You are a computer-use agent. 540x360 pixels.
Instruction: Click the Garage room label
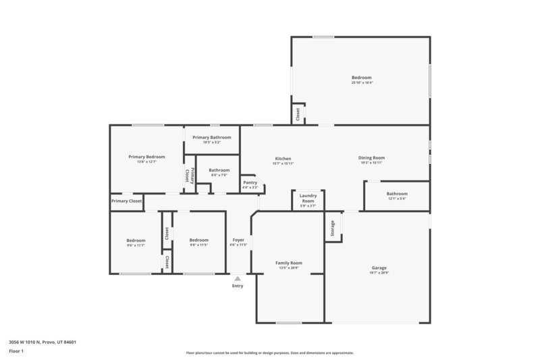pos(379,267)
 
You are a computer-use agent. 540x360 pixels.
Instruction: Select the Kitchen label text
pos(283,158)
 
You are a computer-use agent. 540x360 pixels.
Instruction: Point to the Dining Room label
pos(371,158)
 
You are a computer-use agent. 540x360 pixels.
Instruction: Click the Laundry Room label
pos(308,199)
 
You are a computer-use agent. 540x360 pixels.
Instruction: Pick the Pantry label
pos(250,182)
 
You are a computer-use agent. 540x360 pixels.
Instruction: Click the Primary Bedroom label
pos(146,157)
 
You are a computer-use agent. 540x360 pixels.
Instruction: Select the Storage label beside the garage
pos(332,229)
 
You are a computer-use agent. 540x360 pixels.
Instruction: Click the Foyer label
pos(238,240)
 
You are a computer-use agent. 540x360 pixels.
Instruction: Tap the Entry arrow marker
pos(237,278)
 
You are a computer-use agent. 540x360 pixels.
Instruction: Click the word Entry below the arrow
pos(238,286)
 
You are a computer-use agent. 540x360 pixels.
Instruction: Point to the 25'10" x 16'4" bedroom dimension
pos(362,83)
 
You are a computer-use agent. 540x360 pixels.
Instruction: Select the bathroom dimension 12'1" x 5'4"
pos(397,199)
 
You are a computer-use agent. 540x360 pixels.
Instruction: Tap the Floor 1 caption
pos(16,351)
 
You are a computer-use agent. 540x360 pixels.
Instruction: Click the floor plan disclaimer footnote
pos(269,353)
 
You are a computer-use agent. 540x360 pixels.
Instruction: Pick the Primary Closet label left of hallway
pos(126,201)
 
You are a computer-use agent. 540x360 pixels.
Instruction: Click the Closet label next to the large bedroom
pos(298,115)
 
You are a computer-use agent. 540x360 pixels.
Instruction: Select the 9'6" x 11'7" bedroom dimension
pos(136,245)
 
